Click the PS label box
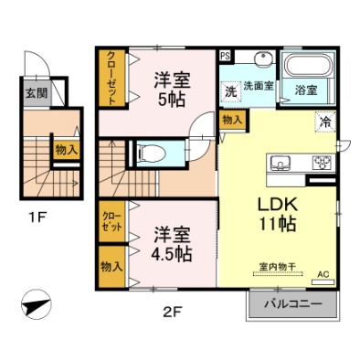point(226,56)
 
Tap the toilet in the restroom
point(151,153)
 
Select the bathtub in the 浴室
point(308,65)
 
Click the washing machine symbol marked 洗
point(230,91)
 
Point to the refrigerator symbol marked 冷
point(325,122)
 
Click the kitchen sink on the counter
point(281,163)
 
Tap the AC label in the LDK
point(323,274)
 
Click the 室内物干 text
point(278,267)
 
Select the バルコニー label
point(293,303)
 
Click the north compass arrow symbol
point(37,304)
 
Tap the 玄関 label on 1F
point(37,93)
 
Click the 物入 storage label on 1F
point(66,150)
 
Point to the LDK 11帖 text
point(277,214)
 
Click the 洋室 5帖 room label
point(172,90)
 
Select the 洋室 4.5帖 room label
point(172,244)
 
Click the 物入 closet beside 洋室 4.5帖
point(112,267)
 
